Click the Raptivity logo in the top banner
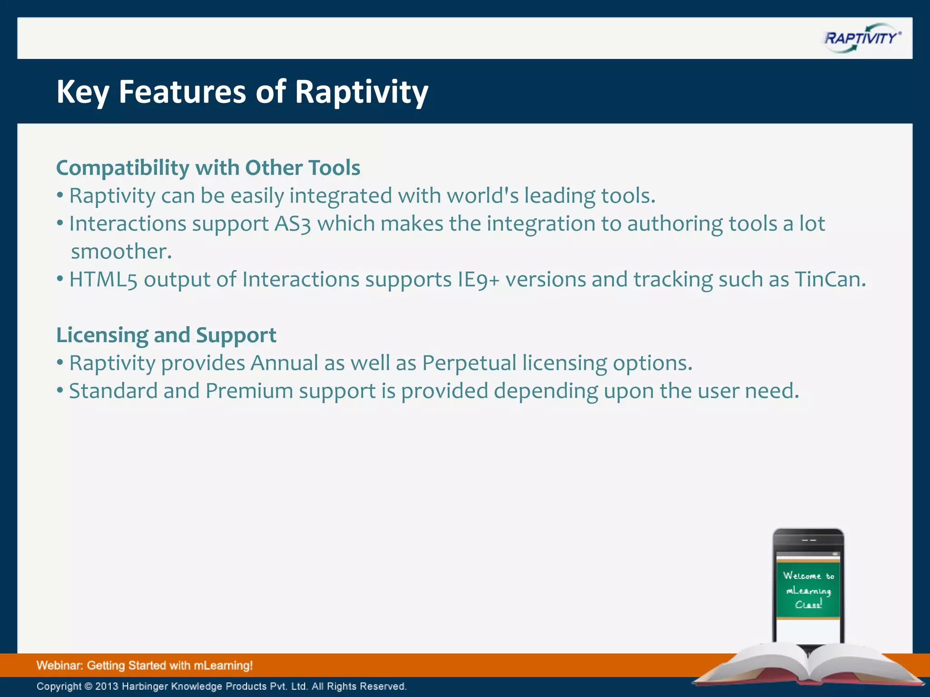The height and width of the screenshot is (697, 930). tap(861, 38)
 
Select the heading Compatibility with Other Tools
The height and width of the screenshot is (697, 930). tap(208, 168)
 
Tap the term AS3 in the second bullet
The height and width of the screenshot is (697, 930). tap(292, 224)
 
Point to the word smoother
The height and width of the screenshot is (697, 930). tap(121, 252)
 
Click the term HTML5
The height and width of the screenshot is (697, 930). tap(103, 280)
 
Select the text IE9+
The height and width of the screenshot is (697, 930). tap(478, 280)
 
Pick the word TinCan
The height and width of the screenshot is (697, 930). tap(830, 280)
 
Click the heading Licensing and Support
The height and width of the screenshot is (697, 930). tap(166, 335)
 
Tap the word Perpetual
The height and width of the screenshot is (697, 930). tap(469, 363)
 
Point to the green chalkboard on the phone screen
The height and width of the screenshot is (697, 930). tap(808, 590)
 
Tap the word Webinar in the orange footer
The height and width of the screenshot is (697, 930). tap(59, 666)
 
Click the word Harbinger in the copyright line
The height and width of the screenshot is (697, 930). tap(144, 686)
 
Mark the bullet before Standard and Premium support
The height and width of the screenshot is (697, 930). tap(60, 391)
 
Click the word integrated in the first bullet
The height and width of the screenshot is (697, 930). tap(341, 196)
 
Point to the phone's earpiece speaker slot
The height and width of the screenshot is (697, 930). tap(809, 540)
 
